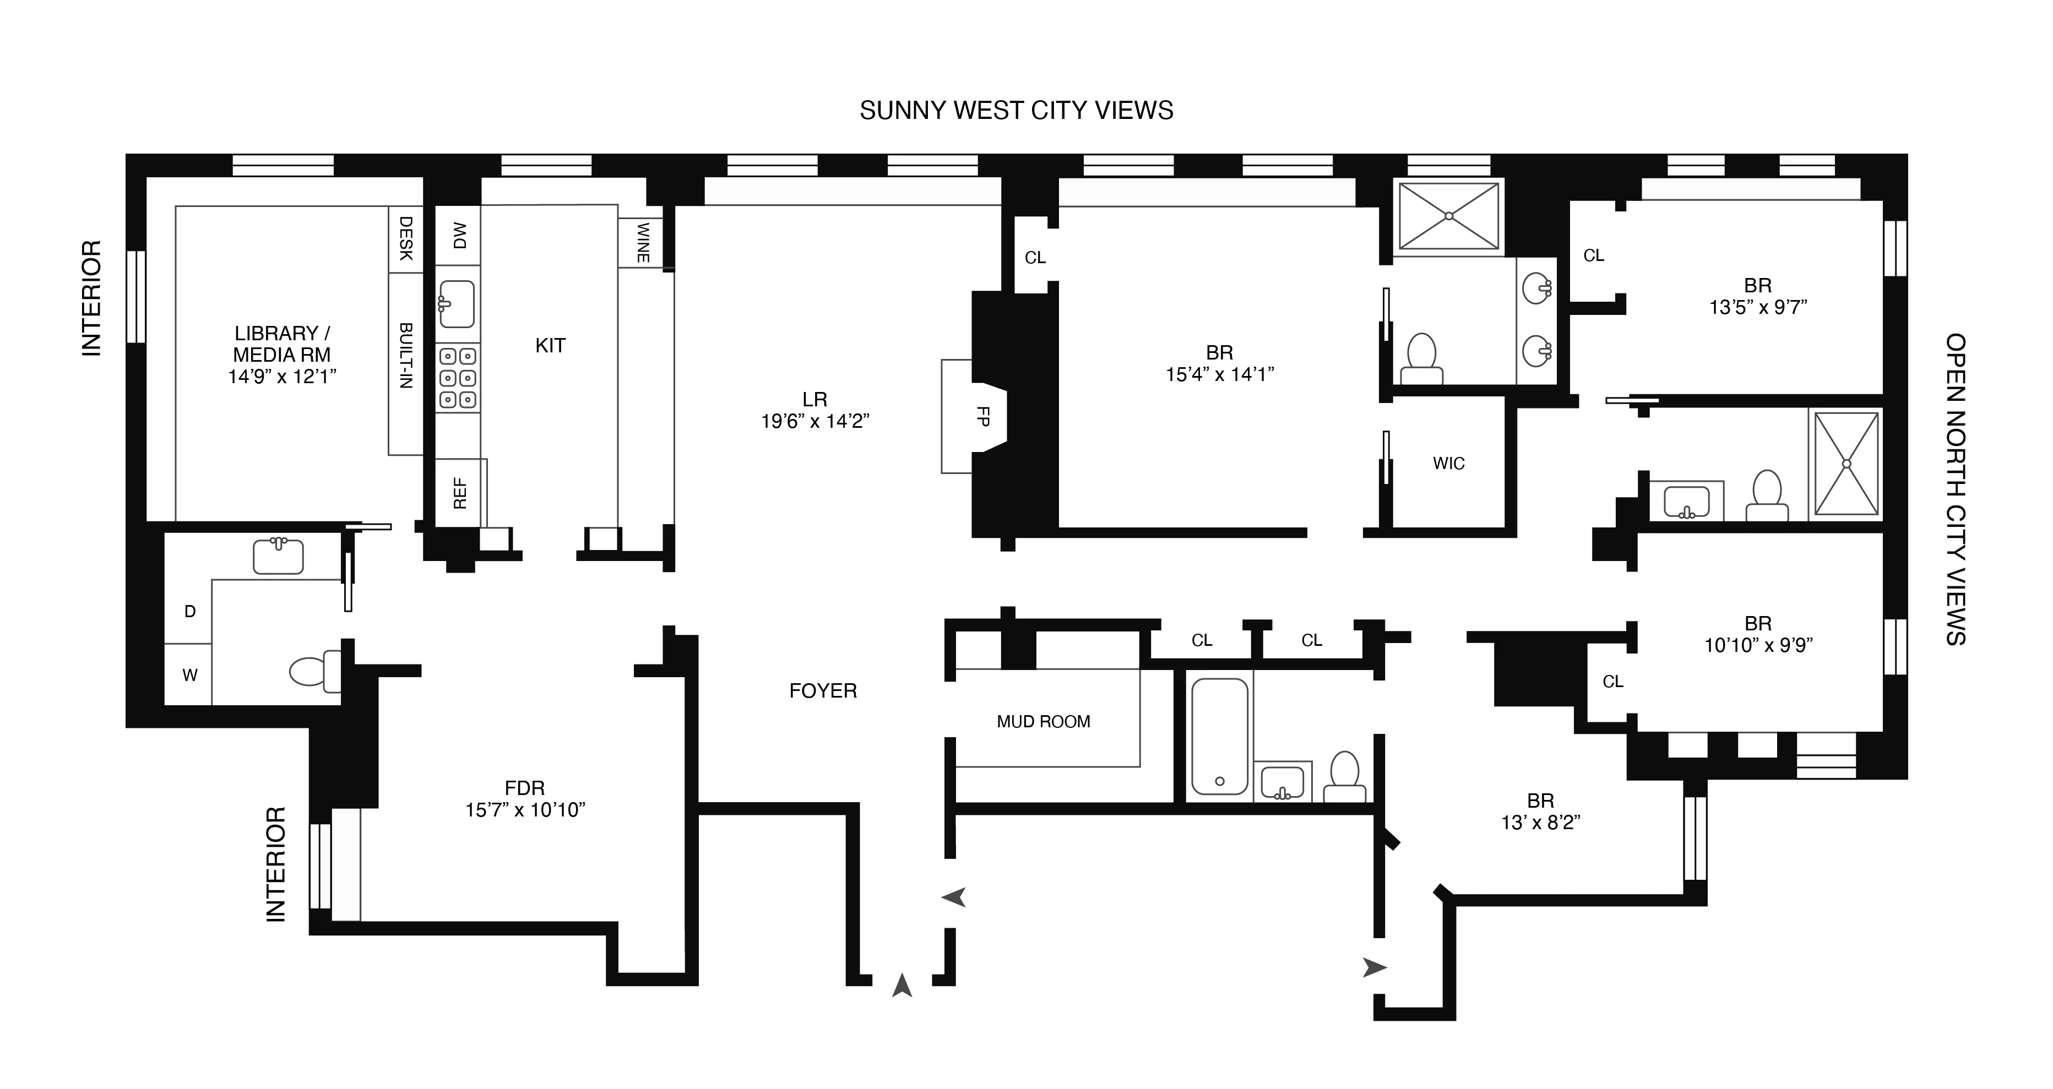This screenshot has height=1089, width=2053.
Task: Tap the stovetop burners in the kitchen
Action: [458, 378]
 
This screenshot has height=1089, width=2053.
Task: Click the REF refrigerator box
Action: [460, 493]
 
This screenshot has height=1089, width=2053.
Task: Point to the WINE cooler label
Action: [642, 242]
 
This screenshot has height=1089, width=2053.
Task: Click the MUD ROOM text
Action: [1043, 722]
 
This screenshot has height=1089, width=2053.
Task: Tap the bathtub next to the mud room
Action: [1219, 736]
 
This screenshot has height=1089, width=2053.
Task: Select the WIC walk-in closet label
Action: [1448, 464]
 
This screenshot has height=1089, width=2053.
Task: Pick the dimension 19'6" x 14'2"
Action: [814, 421]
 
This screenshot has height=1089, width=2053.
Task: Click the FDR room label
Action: [524, 788]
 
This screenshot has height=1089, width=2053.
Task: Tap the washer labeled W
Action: [189, 676]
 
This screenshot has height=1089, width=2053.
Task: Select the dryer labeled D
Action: [189, 612]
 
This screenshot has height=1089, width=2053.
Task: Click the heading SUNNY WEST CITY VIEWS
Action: [1016, 111]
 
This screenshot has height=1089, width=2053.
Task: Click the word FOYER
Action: [823, 691]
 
